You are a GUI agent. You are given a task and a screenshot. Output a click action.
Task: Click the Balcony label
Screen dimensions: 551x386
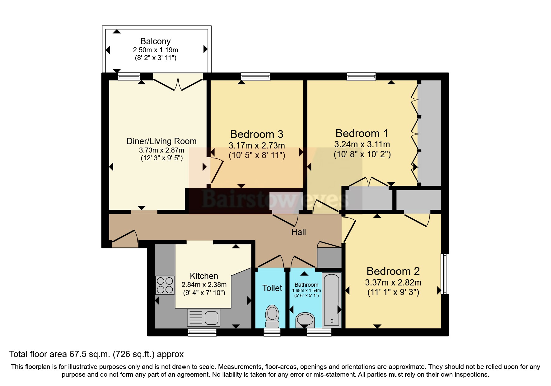(156, 41)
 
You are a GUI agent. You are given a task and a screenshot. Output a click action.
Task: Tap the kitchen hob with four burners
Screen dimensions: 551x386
(165, 285)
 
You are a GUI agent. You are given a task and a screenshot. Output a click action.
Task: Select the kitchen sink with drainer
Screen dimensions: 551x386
(203, 318)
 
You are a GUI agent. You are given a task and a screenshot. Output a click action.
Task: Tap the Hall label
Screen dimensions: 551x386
(299, 232)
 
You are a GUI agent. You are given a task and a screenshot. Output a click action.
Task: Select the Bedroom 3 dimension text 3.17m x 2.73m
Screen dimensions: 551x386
(257, 145)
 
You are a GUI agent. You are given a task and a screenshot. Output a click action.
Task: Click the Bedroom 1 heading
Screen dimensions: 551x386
(362, 134)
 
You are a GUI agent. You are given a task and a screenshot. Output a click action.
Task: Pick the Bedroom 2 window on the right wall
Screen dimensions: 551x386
(445, 274)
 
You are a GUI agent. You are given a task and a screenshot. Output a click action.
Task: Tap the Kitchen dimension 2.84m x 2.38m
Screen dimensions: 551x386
(204, 285)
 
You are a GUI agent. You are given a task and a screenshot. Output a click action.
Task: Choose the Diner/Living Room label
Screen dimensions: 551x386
(161, 141)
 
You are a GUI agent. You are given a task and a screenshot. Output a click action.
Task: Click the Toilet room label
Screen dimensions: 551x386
(272, 288)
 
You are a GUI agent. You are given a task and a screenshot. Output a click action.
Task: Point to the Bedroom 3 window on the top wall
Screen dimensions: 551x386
(255, 77)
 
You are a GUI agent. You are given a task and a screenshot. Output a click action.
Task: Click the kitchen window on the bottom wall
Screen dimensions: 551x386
(202, 333)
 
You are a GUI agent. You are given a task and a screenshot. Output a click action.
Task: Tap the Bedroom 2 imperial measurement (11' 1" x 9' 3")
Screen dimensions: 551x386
(393, 292)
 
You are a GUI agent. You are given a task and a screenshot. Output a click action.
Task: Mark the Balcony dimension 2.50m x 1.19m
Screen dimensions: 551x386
(156, 50)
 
